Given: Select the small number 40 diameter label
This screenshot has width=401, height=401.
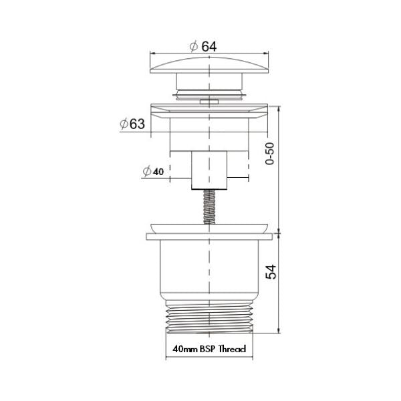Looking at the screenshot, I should (x=158, y=172).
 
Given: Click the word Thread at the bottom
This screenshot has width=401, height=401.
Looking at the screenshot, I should (x=231, y=350).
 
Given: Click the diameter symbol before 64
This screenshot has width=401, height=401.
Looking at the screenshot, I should (x=192, y=47).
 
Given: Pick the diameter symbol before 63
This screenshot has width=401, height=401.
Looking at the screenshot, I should (x=124, y=124).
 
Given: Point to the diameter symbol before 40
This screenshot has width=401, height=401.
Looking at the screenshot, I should (x=146, y=172).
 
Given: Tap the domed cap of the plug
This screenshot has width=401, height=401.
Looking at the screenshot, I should (x=210, y=67).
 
